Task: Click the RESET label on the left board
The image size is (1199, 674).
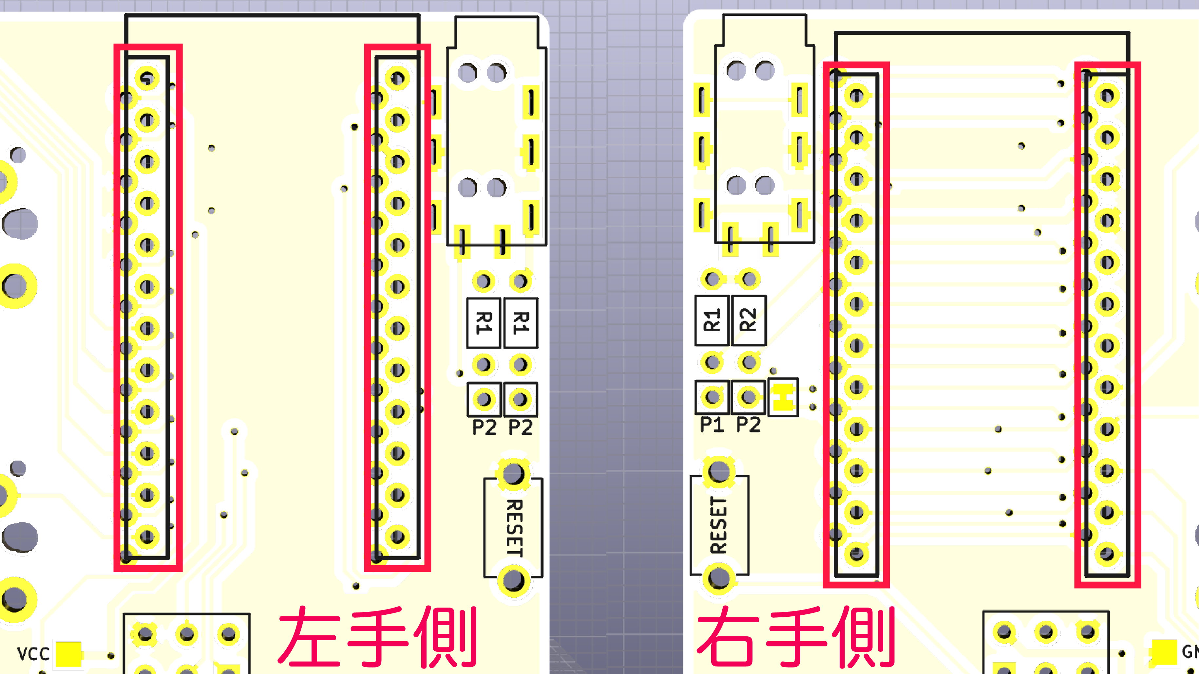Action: [514, 528]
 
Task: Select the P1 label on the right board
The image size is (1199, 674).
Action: [712, 425]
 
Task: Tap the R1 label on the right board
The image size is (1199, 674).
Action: [712, 320]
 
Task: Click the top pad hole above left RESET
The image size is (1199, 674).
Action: [513, 474]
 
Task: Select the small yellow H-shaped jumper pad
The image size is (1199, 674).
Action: [783, 398]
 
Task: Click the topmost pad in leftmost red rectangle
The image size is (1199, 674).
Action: [147, 78]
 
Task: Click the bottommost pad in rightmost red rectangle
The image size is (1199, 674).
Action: [1107, 554]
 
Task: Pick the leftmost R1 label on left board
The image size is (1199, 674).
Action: [484, 323]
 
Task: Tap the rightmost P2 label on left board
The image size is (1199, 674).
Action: [520, 427]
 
